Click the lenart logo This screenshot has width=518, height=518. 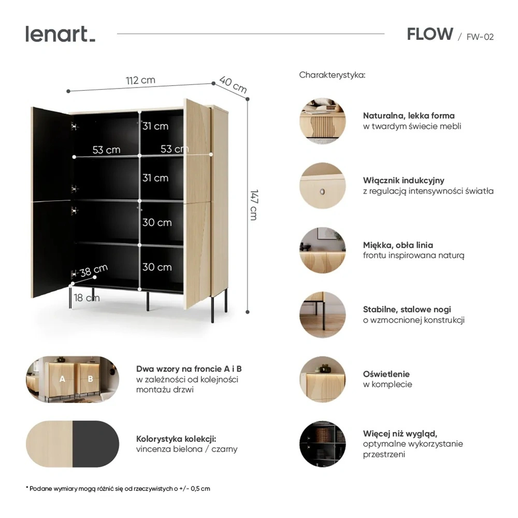click(61, 34)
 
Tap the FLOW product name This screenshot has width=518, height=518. click(430, 34)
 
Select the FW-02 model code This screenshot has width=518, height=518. click(480, 37)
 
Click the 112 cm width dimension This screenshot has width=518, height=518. click(140, 80)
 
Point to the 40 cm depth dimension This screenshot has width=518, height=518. click(233, 84)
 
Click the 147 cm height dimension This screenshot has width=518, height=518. click(254, 205)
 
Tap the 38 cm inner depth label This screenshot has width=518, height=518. click(94, 270)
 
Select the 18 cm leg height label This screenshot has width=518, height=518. click(87, 298)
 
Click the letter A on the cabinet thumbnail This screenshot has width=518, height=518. click(62, 379)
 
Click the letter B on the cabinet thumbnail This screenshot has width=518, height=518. click(90, 379)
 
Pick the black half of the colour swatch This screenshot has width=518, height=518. click(96, 444)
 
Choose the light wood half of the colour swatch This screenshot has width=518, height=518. click(49, 444)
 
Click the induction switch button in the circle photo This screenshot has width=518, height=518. click(322, 191)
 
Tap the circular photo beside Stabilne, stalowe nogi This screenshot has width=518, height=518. click(322, 314)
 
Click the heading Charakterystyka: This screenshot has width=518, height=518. click(332, 75)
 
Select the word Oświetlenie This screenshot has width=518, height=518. click(386, 374)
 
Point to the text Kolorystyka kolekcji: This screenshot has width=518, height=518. click(176, 439)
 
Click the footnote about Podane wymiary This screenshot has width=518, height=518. click(118, 488)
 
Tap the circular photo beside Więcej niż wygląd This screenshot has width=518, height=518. click(322, 444)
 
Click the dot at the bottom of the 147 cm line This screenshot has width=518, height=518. click(248, 312)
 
